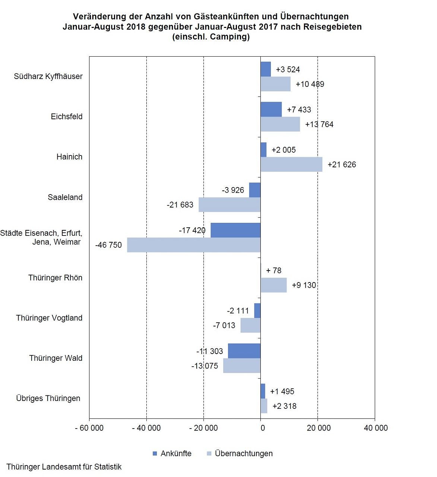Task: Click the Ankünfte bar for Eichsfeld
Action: [x=271, y=109]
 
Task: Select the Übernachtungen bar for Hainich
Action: [x=291, y=164]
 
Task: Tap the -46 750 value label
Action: [x=108, y=245]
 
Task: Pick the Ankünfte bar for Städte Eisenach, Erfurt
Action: [x=235, y=230]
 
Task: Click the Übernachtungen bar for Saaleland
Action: [x=229, y=205]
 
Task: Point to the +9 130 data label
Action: [x=304, y=285]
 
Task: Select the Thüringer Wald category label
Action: [x=56, y=358]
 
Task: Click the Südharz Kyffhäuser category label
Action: [x=48, y=76]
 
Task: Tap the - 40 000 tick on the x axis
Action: [x=146, y=428]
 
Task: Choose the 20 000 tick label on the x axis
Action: [x=319, y=428]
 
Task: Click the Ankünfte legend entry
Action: [x=172, y=454]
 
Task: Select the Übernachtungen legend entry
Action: [x=240, y=454]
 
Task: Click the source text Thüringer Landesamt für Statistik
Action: [x=64, y=467]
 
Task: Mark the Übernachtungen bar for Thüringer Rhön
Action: [x=274, y=285]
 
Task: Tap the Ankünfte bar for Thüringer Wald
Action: [x=244, y=351]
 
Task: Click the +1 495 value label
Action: [x=282, y=391]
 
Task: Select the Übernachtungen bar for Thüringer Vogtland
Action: [x=250, y=325]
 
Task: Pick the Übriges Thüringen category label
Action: [x=48, y=398]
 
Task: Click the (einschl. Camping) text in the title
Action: [x=211, y=37]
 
